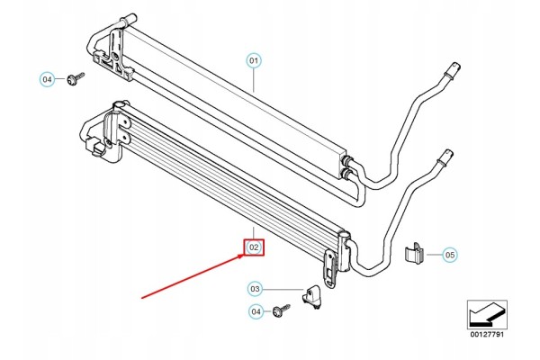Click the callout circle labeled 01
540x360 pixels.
254,61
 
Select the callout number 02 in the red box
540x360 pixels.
254,247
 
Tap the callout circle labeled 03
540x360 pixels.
255,289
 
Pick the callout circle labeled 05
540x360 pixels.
450,255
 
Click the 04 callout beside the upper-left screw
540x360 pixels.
47,79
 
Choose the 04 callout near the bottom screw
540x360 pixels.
256,311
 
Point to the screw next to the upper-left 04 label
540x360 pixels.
76,79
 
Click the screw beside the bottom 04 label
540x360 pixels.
281,310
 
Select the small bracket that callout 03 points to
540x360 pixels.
312,295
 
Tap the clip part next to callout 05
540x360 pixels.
413,254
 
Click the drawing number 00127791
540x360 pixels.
487,334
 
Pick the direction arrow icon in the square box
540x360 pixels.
487,315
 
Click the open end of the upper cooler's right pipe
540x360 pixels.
455,66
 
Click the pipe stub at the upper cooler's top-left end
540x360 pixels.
128,19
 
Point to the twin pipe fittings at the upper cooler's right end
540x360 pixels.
346,166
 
